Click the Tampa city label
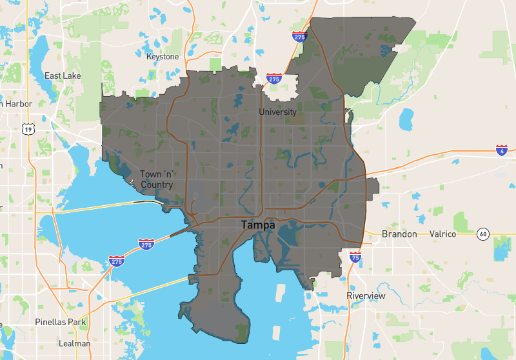(258, 225)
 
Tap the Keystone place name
(163, 57)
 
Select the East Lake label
(63, 75)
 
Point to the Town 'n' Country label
(157, 179)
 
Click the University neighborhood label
(277, 112)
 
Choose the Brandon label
(399, 234)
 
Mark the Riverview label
(366, 295)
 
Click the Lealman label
(74, 343)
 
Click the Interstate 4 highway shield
(502, 151)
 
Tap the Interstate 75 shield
(355, 257)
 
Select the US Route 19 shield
(28, 129)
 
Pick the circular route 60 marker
(482, 234)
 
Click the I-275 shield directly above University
(274, 79)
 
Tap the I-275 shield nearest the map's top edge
(299, 37)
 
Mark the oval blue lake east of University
(406, 118)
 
